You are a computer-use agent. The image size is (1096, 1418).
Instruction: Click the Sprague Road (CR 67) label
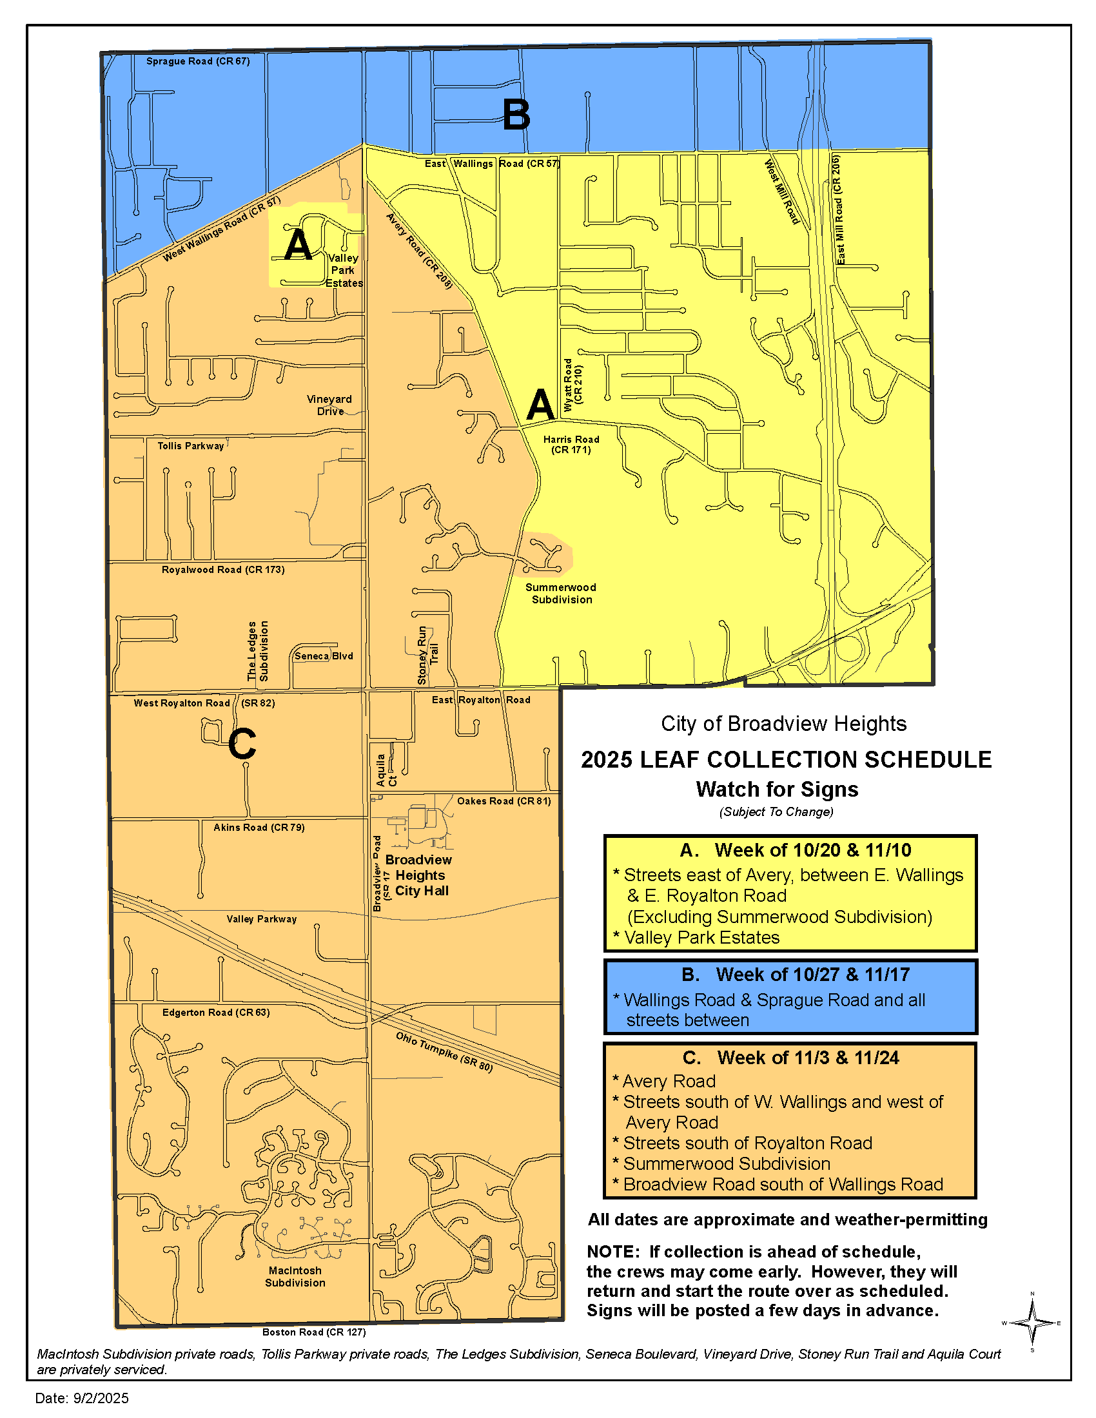pyautogui.click(x=197, y=61)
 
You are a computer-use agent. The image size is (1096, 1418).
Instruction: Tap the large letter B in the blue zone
pyautogui.click(x=516, y=115)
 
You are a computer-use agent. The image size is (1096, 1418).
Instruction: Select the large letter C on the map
pyautogui.click(x=242, y=743)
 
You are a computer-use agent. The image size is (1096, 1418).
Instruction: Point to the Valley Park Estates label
pyautogui.click(x=344, y=270)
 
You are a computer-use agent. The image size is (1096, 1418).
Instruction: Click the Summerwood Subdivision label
pyautogui.click(x=561, y=594)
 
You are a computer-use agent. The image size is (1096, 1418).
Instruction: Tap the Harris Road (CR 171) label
pyautogui.click(x=571, y=445)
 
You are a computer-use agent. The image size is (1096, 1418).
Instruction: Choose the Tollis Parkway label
pyautogui.click(x=191, y=446)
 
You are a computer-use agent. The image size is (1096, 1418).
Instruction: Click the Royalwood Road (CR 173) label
pyautogui.click(x=222, y=569)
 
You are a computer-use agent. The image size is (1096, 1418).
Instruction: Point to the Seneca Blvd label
pyautogui.click(x=324, y=656)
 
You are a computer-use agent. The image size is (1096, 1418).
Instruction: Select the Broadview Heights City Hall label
pyautogui.click(x=419, y=875)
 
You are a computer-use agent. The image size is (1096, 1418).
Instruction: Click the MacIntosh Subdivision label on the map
pyautogui.click(x=295, y=1276)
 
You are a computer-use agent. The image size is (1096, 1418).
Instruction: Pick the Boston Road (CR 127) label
pyautogui.click(x=313, y=1332)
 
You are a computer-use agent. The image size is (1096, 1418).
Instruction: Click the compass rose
pyautogui.click(x=1032, y=1323)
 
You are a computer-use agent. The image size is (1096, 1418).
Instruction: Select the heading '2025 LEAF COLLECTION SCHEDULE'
pyautogui.click(x=786, y=760)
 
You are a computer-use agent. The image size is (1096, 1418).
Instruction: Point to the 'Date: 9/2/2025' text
pyautogui.click(x=82, y=1398)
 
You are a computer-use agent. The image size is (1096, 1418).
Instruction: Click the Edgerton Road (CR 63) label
pyautogui.click(x=215, y=1012)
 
